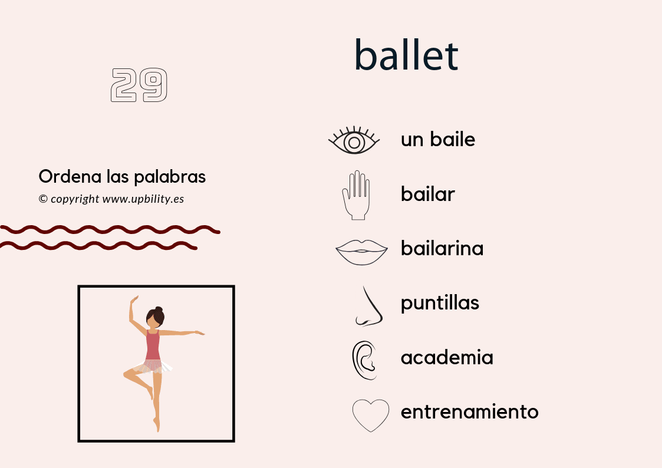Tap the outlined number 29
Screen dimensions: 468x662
click(x=139, y=85)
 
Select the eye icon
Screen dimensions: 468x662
click(x=354, y=141)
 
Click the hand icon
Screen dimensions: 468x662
click(x=356, y=195)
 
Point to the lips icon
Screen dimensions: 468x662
click(x=361, y=252)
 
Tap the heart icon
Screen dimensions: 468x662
click(x=371, y=415)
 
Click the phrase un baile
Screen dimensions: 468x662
click(x=438, y=140)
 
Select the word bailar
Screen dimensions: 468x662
click(x=428, y=194)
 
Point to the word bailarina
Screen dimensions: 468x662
click(x=442, y=248)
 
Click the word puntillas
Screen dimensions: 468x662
click(x=440, y=303)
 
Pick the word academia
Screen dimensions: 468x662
click(x=447, y=357)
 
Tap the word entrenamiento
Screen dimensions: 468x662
click(x=470, y=411)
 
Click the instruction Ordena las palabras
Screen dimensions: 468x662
click(x=122, y=176)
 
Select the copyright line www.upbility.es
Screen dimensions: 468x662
click(x=111, y=199)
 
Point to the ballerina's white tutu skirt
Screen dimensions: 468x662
click(x=152, y=367)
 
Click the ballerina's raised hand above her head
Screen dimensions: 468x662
click(x=134, y=299)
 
